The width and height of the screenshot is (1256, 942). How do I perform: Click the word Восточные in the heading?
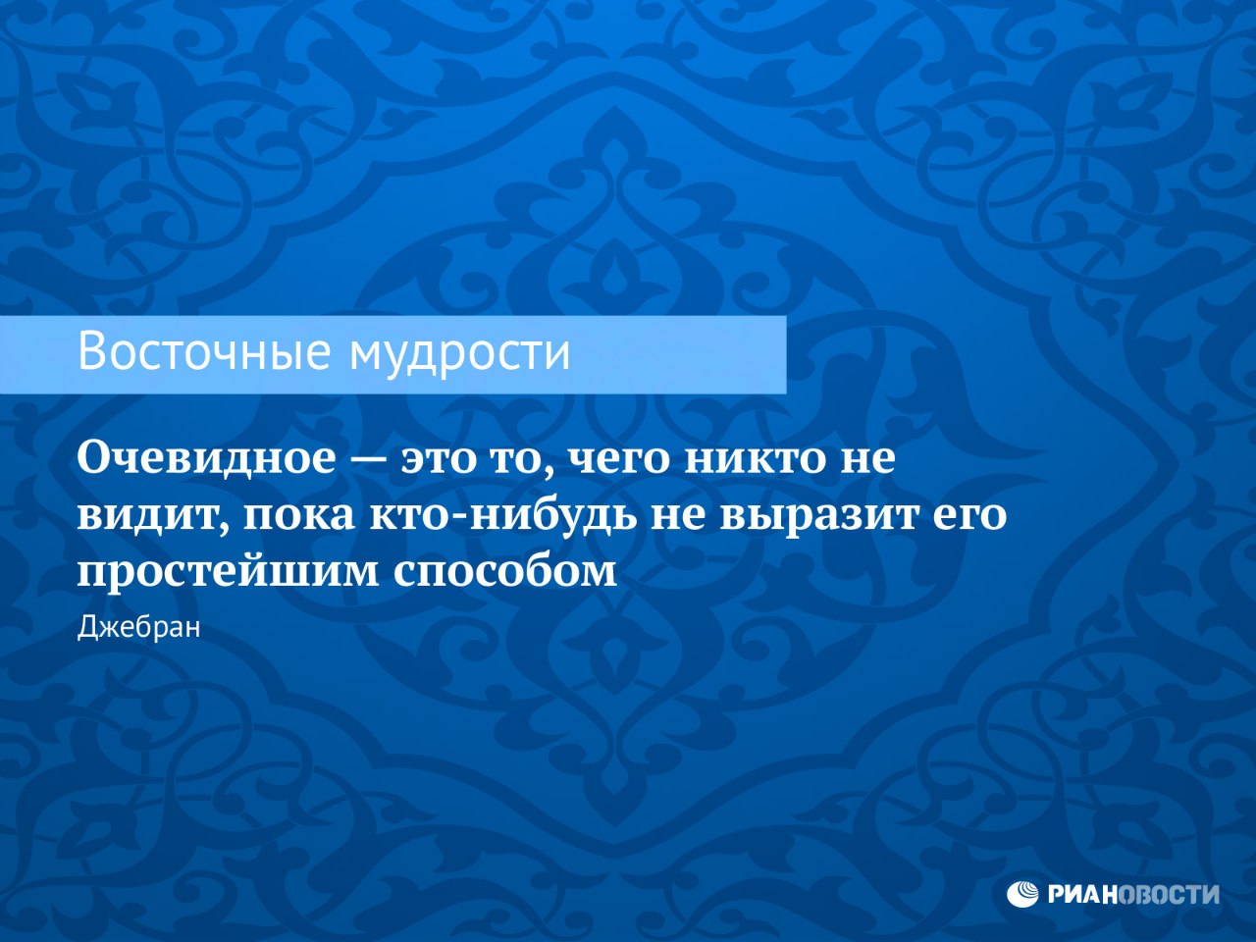coord(204,350)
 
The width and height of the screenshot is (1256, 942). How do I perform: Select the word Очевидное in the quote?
coord(207,459)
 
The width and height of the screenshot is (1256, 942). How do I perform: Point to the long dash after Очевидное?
coord(369,462)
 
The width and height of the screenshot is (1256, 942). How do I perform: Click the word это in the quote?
coord(438,462)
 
